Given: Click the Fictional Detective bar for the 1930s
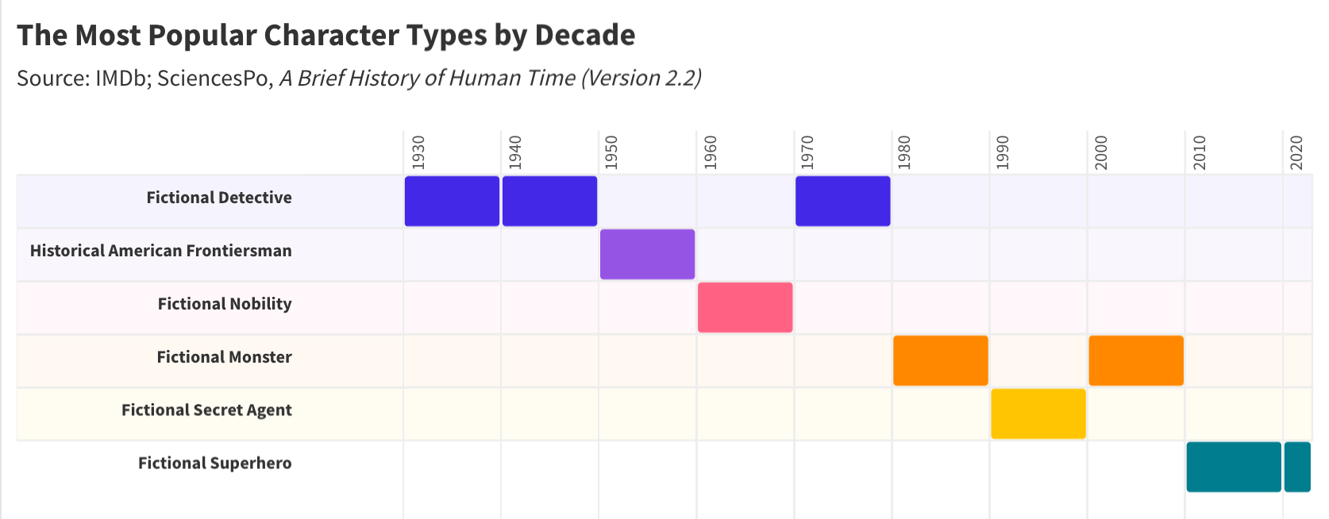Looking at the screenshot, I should click(x=452, y=201).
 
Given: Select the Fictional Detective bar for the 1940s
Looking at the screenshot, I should click(x=549, y=201).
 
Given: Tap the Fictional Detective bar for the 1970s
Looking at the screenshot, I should click(x=842, y=201).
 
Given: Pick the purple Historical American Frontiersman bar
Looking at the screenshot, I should click(x=647, y=254).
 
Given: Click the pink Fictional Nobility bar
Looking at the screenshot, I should click(x=745, y=307).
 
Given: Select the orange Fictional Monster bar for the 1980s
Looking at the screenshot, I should click(x=940, y=360).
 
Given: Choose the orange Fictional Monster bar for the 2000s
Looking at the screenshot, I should click(x=1135, y=360).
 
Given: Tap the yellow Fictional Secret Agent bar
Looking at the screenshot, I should click(x=1038, y=413).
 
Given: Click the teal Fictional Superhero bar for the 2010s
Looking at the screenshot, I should click(x=1234, y=467).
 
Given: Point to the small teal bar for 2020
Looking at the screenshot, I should click(x=1297, y=467).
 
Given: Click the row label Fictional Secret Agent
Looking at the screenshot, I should click(x=206, y=410).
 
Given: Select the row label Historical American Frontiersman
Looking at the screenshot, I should click(x=161, y=251).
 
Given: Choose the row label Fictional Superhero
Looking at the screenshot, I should click(x=214, y=463).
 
